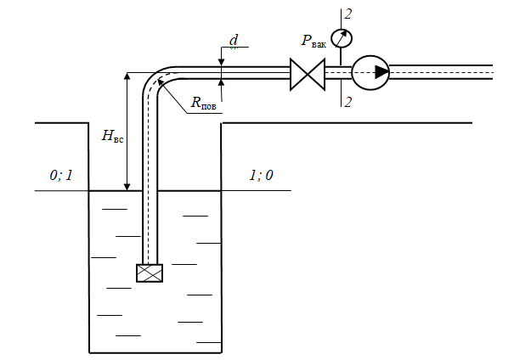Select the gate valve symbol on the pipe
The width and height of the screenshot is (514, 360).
tap(308, 75)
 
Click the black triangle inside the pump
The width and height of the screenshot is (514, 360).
tap(381, 72)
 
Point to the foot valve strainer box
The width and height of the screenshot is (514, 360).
tap(150, 273)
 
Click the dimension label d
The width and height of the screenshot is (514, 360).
tap(234, 40)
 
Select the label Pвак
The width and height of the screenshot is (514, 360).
tap(313, 42)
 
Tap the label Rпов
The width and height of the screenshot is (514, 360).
tap(203, 103)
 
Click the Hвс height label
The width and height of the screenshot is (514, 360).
tap(112, 136)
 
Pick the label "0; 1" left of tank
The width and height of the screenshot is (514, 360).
tap(61, 175)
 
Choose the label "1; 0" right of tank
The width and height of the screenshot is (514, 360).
tap(262, 175)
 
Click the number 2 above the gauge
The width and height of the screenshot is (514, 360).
tap(348, 14)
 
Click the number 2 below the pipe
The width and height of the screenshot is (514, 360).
tap(348, 102)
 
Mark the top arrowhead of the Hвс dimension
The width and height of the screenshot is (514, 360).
tap(127, 76)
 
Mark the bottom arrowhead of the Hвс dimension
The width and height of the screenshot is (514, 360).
tap(127, 187)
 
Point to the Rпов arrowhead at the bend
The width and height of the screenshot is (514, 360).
tap(161, 82)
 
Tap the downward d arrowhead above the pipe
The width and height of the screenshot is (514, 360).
tap(221, 62)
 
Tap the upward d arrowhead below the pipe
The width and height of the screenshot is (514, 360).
tap(221, 83)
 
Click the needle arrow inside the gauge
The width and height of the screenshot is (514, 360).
tap(342, 38)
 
